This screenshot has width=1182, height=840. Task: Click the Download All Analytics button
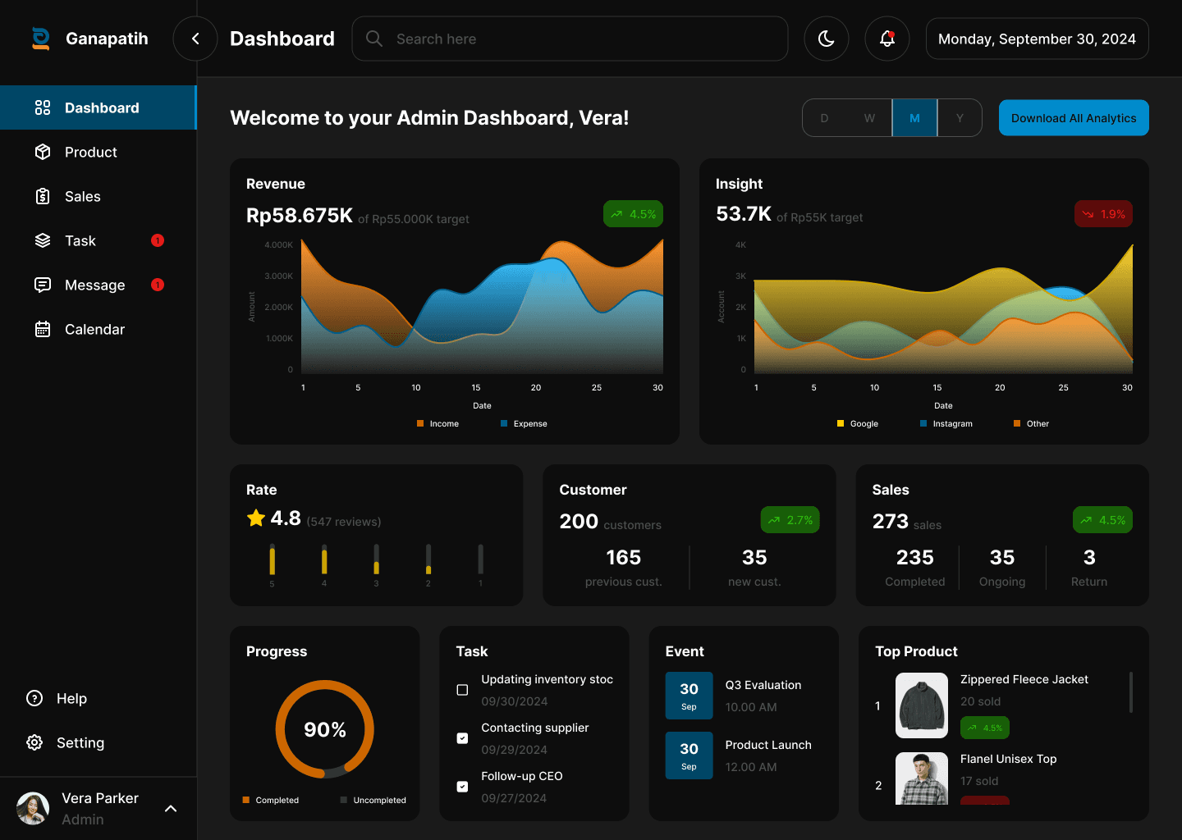1074,118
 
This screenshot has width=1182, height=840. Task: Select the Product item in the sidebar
90,153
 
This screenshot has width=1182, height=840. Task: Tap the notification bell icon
887,39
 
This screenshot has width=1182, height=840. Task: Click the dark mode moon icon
827,39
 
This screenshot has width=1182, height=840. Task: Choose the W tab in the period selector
869,118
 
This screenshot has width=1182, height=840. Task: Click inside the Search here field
575,39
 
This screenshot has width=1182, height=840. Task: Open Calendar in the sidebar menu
94,330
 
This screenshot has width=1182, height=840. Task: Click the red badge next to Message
158,285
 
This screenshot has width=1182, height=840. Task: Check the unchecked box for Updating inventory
462,690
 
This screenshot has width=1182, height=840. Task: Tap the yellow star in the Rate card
256,518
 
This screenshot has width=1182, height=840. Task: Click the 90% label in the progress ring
325,729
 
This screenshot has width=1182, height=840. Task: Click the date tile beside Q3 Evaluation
689,696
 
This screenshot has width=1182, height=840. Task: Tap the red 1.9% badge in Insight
1103,214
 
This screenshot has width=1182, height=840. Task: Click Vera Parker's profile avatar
33,808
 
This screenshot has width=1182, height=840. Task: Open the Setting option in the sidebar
80,743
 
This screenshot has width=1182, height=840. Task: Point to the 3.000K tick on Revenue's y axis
279,276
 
